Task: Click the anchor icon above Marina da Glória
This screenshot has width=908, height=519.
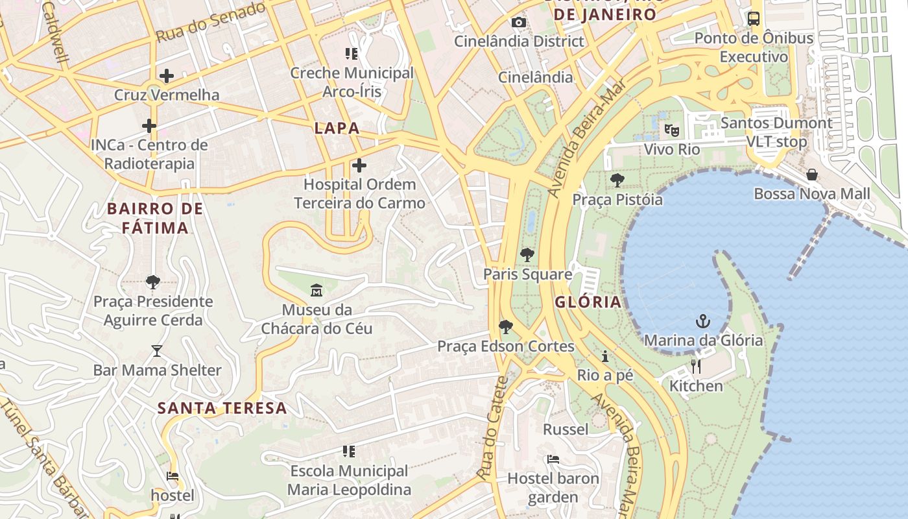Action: click(702, 321)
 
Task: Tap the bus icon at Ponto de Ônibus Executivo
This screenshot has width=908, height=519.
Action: click(753, 19)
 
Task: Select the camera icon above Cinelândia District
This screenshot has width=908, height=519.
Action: click(518, 23)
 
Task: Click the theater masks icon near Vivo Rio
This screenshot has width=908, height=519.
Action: click(672, 130)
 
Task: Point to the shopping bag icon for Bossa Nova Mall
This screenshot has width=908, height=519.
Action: click(811, 175)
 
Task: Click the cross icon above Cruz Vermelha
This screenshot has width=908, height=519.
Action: click(167, 76)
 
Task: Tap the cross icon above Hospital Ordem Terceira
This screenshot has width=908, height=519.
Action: click(359, 165)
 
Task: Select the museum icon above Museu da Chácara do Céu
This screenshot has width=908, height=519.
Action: click(317, 290)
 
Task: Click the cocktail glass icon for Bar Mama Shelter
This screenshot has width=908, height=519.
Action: click(156, 351)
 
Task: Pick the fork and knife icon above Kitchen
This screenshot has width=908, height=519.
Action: click(696, 367)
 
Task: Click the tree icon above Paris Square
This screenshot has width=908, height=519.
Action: click(527, 255)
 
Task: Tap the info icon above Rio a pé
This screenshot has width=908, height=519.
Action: click(605, 356)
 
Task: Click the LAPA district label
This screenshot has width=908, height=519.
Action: click(337, 128)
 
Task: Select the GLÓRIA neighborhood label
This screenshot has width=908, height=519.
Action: click(588, 302)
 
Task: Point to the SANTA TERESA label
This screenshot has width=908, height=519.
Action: click(222, 408)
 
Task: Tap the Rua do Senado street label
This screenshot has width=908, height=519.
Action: click(211, 21)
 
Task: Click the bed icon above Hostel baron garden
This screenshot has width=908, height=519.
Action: click(553, 459)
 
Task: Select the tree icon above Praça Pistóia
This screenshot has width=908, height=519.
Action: click(617, 180)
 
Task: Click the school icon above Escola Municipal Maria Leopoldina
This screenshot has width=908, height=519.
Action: click(349, 452)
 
